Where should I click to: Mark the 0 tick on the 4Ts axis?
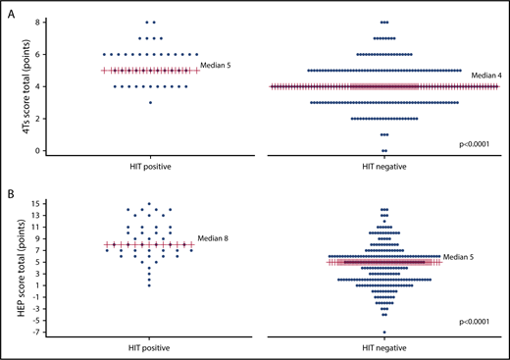coord(35,150)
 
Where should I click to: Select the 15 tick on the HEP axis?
coord(33,204)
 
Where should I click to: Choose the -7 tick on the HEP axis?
coord(33,331)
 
